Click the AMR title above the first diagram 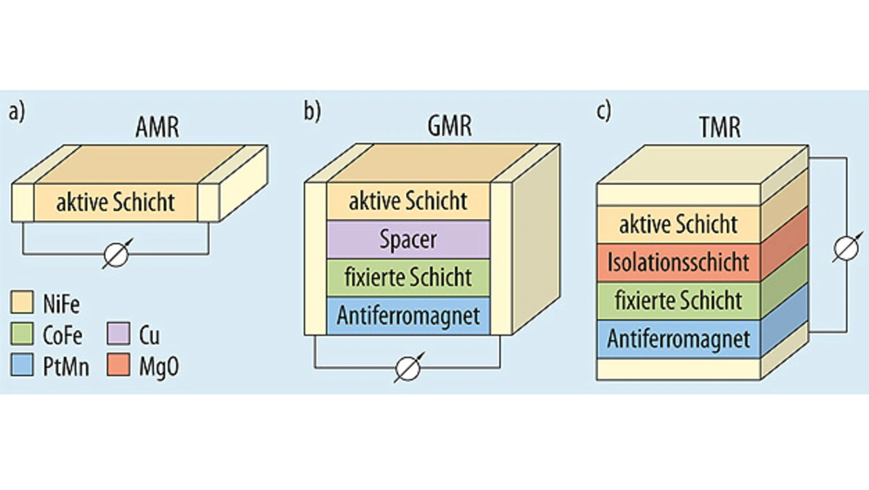pos(158,127)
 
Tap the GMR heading pos(449,126)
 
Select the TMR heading pos(720,127)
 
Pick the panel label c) pos(604,111)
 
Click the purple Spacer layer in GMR pos(408,240)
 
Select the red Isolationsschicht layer pos(678,262)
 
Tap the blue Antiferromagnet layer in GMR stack pos(408,315)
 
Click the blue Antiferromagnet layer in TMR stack pos(678,339)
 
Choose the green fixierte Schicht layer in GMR pos(408,277)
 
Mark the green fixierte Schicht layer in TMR pos(678,301)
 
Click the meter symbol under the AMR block pos(117,254)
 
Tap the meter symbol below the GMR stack pos(408,368)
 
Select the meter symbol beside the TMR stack pos(847,248)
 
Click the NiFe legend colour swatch pos(22,302)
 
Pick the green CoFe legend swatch pos(22,334)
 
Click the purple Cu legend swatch pos(118,334)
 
